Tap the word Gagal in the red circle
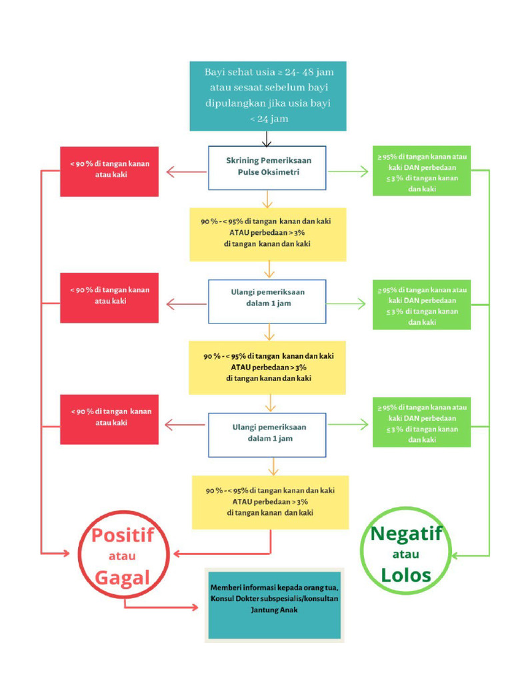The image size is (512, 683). pyautogui.click(x=122, y=577)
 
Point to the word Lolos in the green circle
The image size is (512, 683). pyautogui.click(x=406, y=575)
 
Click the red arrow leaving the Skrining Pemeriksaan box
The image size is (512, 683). pyautogui.click(x=185, y=172)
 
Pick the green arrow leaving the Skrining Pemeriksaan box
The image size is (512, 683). pyautogui.click(x=348, y=172)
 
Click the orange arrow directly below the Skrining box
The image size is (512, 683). pyautogui.click(x=267, y=199)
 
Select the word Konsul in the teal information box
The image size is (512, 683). pyautogui.click(x=223, y=599)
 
